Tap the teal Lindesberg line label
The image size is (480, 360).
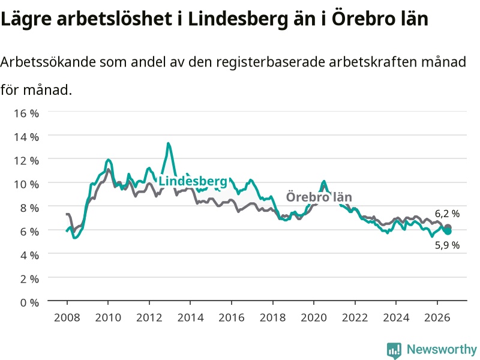point(193,181)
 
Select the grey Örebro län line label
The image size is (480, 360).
point(319,197)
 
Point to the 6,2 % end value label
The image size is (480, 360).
point(447,214)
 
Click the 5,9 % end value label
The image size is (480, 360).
point(447,245)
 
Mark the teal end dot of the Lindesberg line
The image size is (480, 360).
point(448,231)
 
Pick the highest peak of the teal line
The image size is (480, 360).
point(169,143)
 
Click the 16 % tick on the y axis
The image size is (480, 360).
point(26,113)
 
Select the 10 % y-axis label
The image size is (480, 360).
point(26,184)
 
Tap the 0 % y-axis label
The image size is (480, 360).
point(29,302)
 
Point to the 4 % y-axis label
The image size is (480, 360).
point(29,256)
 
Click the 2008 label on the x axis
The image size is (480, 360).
point(67,317)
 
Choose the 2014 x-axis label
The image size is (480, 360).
point(190,317)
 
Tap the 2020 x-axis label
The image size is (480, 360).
point(314,317)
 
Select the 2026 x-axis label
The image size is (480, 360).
point(437,317)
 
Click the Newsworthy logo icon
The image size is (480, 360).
point(394,350)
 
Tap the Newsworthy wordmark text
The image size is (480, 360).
point(442,349)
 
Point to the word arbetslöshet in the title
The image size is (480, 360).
point(114,19)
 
